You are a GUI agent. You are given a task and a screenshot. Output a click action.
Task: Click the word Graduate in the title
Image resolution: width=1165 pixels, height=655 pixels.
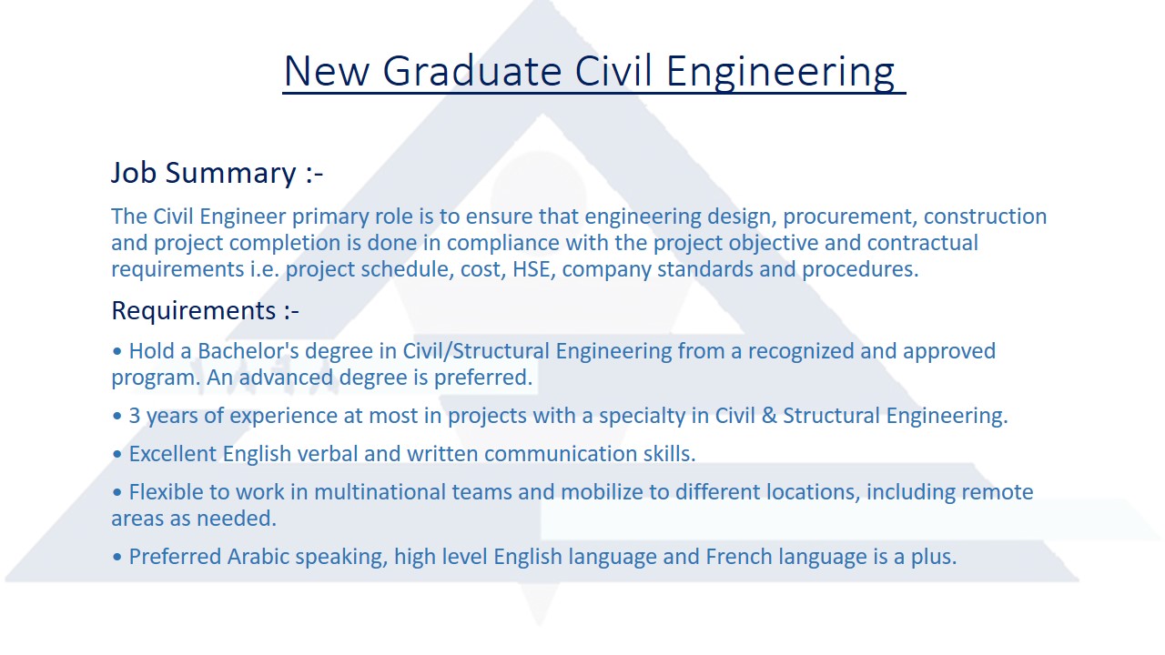pyautogui.click(x=472, y=71)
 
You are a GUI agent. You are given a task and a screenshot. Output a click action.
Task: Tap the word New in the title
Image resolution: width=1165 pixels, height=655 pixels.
pyautogui.click(x=327, y=71)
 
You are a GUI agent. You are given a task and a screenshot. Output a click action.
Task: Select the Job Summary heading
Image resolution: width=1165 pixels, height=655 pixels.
pyautogui.click(x=218, y=173)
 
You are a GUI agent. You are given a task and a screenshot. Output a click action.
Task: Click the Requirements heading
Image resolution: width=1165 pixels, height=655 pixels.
pyautogui.click(x=206, y=311)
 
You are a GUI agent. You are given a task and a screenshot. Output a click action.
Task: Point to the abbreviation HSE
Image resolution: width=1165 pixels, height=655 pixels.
pyautogui.click(x=532, y=269)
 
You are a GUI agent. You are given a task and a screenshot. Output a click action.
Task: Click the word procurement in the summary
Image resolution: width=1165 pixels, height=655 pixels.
pyautogui.click(x=850, y=217)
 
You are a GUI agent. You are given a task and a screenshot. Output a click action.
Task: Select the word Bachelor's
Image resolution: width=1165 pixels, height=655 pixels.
pyautogui.click(x=248, y=351)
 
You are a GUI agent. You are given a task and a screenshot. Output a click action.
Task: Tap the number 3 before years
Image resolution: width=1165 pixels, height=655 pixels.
pyautogui.click(x=135, y=416)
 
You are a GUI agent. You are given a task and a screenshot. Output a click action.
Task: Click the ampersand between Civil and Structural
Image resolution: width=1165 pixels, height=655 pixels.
pyautogui.click(x=769, y=416)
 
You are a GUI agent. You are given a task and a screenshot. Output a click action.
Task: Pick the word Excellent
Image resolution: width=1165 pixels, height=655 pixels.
pyautogui.click(x=173, y=454)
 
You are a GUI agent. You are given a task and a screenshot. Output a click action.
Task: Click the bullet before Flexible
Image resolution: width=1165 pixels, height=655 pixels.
pyautogui.click(x=117, y=492)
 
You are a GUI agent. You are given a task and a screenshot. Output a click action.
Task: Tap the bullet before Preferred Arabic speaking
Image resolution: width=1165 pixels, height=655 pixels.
pyautogui.click(x=117, y=558)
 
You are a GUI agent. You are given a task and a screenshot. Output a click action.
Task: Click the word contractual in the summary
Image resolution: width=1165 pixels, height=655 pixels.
pyautogui.click(x=923, y=243)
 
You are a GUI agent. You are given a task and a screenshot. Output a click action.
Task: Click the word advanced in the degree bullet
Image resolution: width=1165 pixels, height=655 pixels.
pyautogui.click(x=286, y=378)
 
